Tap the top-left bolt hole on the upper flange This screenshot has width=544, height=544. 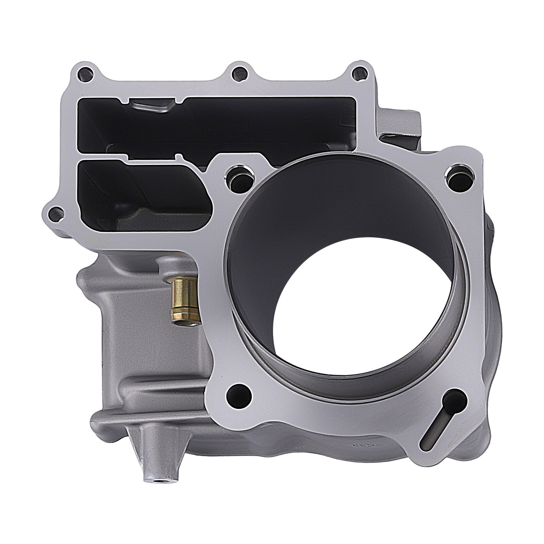(x=85, y=72)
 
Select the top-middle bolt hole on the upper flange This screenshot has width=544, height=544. (x=238, y=72)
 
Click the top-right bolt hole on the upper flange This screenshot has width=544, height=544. (x=359, y=72)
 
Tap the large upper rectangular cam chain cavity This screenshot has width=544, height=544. (x=218, y=124)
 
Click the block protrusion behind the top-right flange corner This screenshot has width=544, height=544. (x=401, y=129)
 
